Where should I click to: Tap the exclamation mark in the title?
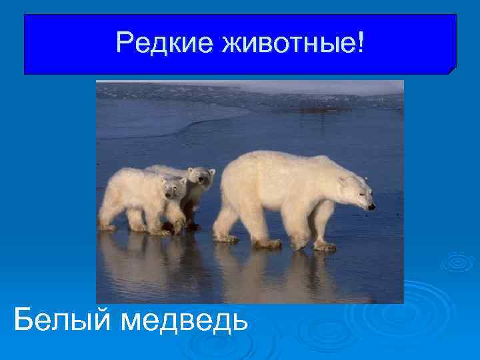[x=361, y=43]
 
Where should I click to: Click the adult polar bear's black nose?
[x=371, y=207]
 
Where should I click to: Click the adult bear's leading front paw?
[x=325, y=247]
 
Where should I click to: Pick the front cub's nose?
[x=176, y=196]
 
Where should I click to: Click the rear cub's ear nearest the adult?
[x=211, y=172]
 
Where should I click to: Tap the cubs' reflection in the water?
[x=147, y=260]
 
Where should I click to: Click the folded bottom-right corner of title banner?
[x=451, y=69]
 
